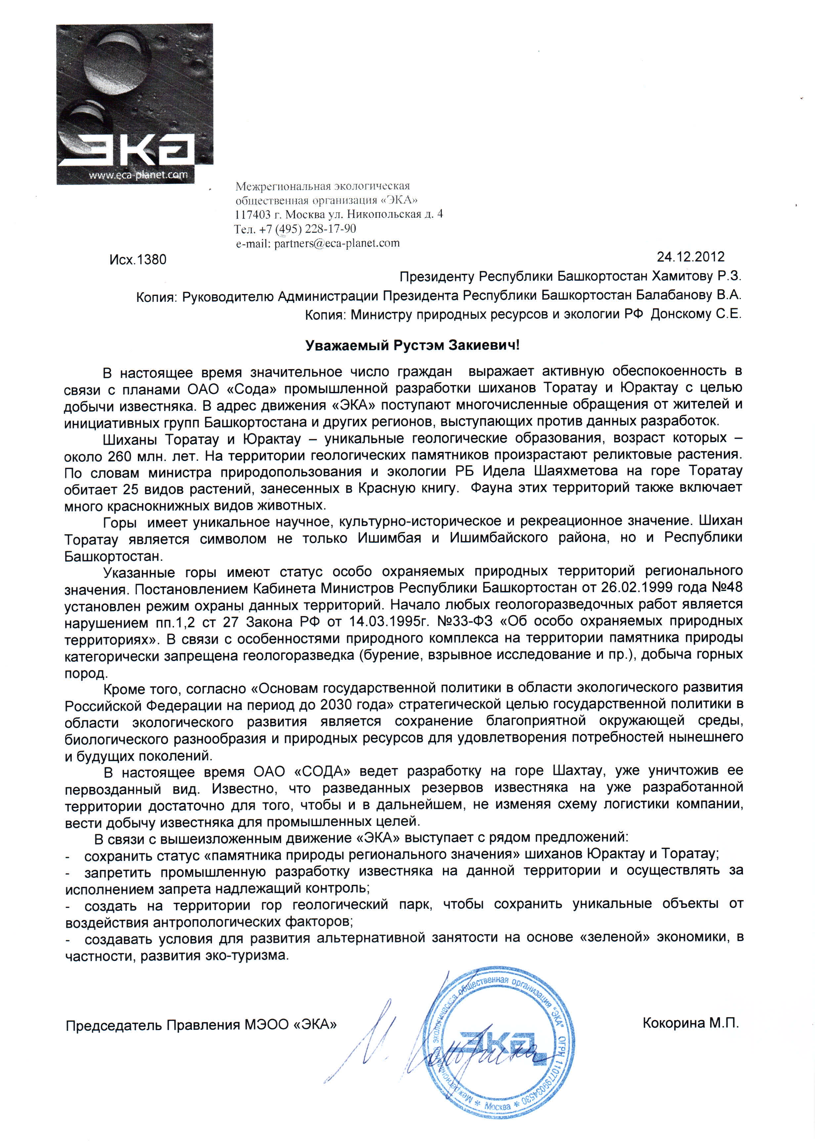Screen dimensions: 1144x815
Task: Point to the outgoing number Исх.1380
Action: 138,260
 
